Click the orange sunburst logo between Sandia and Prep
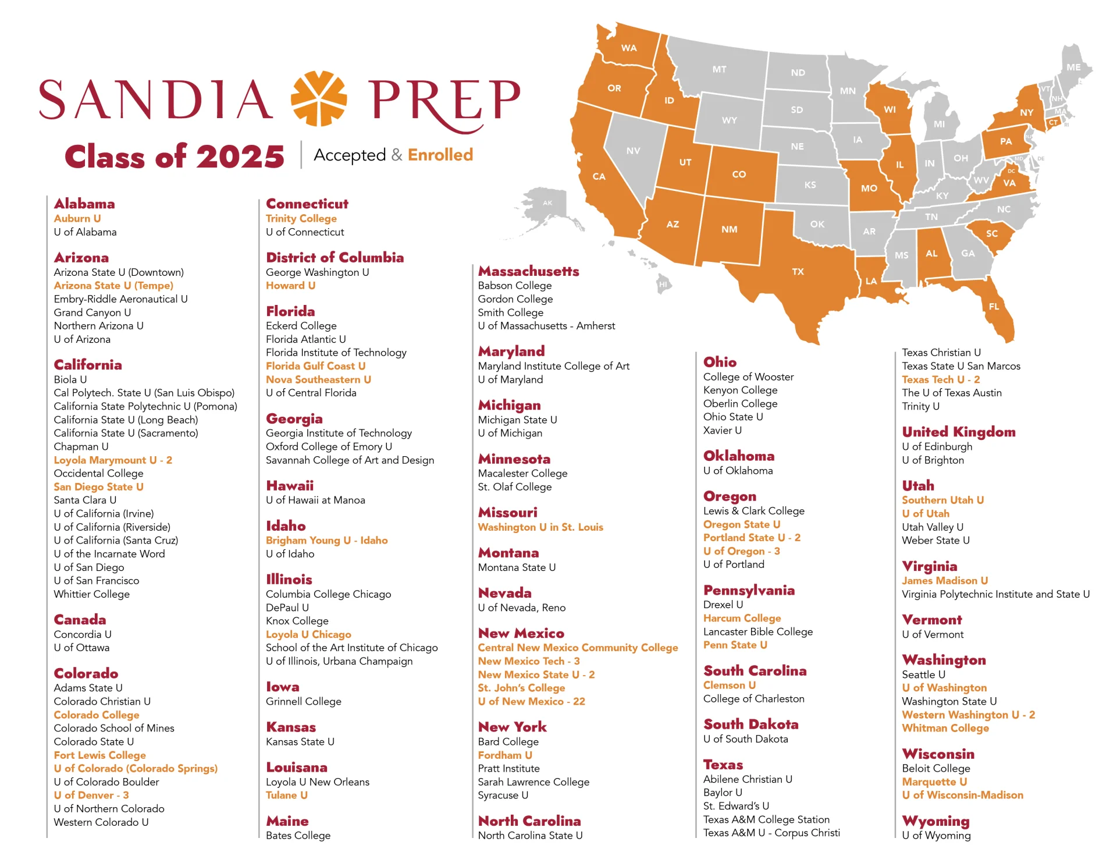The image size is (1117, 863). [x=318, y=98]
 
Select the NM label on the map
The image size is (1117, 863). [x=729, y=229]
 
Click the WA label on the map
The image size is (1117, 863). [x=628, y=48]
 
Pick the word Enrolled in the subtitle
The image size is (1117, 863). [x=440, y=155]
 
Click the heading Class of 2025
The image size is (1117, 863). [x=175, y=157]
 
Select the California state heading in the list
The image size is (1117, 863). [x=88, y=365]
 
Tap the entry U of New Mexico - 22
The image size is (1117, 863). [x=531, y=702]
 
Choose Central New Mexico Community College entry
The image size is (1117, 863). [x=578, y=648]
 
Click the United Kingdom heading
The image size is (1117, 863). [x=958, y=432]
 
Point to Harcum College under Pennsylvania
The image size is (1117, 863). [x=742, y=618]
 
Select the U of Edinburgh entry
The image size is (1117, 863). [x=937, y=446]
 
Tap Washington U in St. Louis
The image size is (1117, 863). [x=540, y=527]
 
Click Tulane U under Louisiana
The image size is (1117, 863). [x=286, y=795]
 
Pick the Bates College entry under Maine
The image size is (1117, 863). [x=298, y=836]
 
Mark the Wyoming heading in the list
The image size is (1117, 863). [x=935, y=821]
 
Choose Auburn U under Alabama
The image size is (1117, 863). [x=77, y=218]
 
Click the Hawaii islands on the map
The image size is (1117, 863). [x=663, y=285]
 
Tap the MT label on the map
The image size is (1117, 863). [x=719, y=69]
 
